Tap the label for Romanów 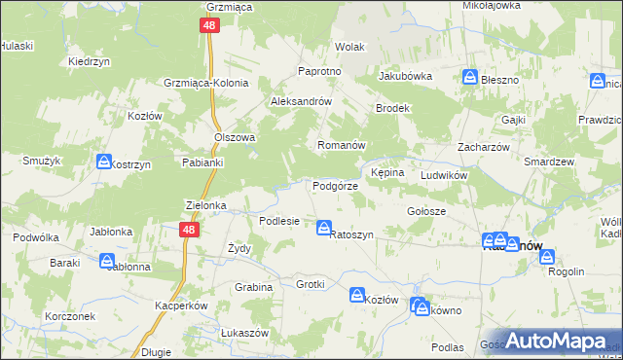tap(341, 145)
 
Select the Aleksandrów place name tap(302, 101)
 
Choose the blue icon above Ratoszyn tap(323, 228)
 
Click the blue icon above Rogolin tap(547, 257)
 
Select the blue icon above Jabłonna tap(107, 260)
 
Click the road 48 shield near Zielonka tap(190, 229)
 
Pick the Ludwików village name tap(445, 175)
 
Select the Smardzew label tap(546, 162)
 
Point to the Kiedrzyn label tap(87, 61)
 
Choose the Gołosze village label tap(425, 211)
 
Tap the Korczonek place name tap(69, 317)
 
